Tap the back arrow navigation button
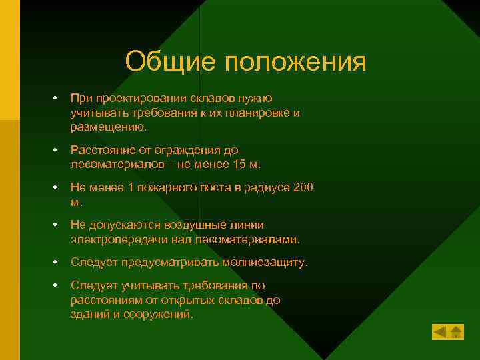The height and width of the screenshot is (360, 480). (440, 331)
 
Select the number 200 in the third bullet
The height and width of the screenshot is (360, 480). (303, 188)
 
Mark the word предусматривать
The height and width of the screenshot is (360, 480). (167, 263)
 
